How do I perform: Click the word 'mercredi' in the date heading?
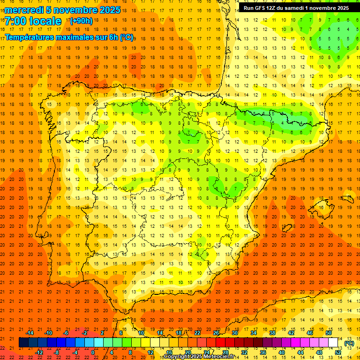click(24, 10)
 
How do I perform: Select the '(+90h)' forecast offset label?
click(81, 21)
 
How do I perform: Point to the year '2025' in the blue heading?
click(109, 10)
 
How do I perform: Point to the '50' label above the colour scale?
click(328, 333)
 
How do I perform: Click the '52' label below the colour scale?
click(337, 352)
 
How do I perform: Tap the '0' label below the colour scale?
click(93, 352)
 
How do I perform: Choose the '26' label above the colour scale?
click(216, 333)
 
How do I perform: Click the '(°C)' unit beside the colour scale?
click(349, 343)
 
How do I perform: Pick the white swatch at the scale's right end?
click(333, 343)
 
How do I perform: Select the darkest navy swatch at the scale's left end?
click(23, 343)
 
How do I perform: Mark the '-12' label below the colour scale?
click(39, 352)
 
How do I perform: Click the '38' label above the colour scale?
click(272, 333)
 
